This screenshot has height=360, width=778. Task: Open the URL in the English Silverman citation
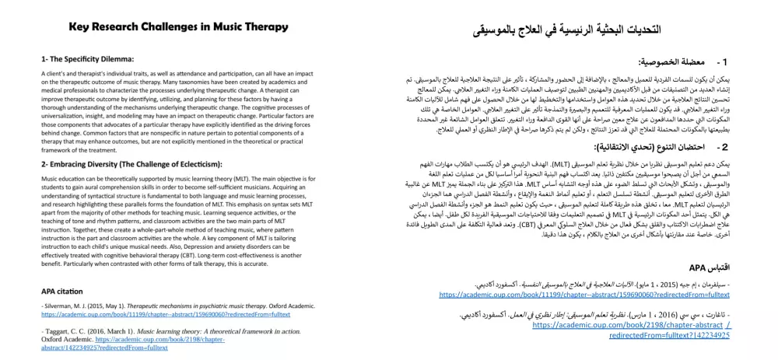click(166, 315)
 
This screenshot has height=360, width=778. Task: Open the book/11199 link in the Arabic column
click(584, 295)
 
